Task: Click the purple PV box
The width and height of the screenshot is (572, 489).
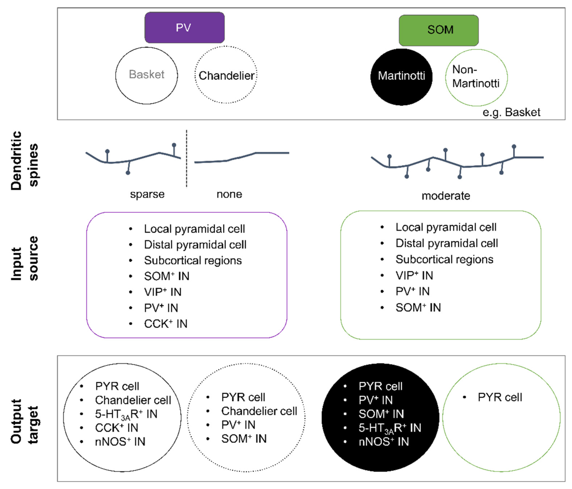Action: tap(184, 27)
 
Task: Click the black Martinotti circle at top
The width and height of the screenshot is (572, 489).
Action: tap(401, 77)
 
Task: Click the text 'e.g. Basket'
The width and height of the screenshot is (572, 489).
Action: tap(511, 112)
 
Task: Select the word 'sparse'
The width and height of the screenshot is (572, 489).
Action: tap(147, 194)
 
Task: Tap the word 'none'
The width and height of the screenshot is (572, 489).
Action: tap(229, 194)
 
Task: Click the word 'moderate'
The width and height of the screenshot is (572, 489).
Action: tap(446, 196)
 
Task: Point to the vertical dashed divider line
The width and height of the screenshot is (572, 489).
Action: tap(187, 158)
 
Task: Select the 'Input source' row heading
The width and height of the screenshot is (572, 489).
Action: tap(24, 258)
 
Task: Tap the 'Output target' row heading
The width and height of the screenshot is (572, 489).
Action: tap(24, 421)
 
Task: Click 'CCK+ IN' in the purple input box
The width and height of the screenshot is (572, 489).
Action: tap(166, 324)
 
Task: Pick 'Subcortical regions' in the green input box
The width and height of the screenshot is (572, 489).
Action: tap(444, 259)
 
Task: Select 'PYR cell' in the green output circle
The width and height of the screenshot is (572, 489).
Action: tap(500, 397)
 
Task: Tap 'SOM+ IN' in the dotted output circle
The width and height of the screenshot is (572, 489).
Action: tap(244, 438)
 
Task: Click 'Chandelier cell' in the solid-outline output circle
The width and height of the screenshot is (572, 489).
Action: tap(133, 400)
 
